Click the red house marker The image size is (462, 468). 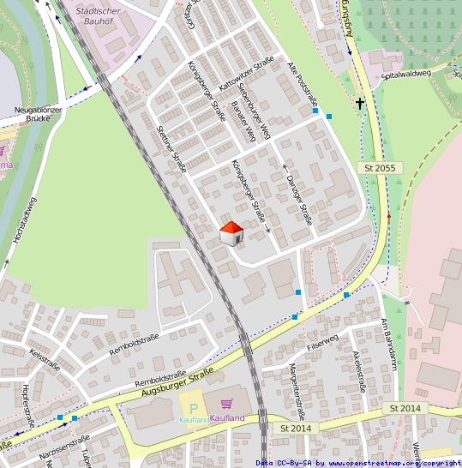pos(231,232)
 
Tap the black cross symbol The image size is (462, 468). pos(360,105)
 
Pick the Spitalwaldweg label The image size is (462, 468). pos(405,75)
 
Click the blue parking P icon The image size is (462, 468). pos(194,407)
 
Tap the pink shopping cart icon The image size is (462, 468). pos(227,404)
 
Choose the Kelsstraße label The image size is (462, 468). pos(44,357)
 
